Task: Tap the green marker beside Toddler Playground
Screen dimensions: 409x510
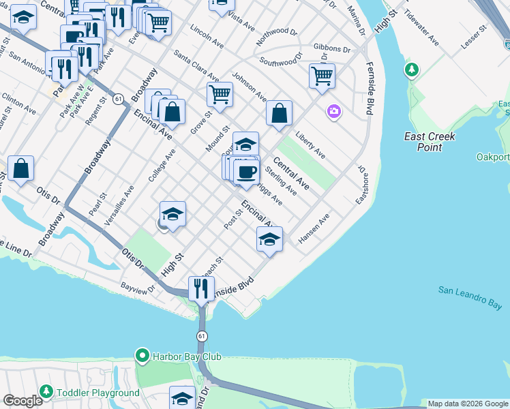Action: click(x=46, y=392)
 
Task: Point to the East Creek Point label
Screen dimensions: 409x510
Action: click(x=430, y=142)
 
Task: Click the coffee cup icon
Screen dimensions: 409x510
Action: click(x=246, y=172)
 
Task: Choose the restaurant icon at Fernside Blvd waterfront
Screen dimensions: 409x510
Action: click(x=201, y=288)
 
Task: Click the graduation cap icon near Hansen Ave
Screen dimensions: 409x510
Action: click(x=270, y=239)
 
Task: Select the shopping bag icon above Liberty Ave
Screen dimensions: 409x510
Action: click(x=280, y=114)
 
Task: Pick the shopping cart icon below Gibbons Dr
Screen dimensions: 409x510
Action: click(x=322, y=76)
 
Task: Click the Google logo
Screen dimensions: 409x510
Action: click(x=22, y=401)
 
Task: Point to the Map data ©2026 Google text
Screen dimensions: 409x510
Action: click(x=467, y=404)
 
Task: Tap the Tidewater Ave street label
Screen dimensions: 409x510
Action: click(x=429, y=25)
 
